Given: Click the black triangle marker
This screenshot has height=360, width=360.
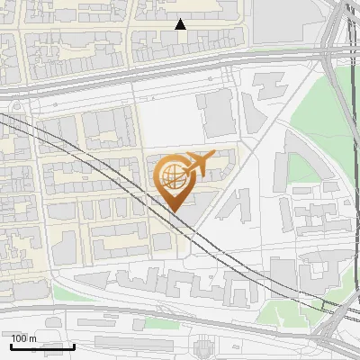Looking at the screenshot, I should (180, 24).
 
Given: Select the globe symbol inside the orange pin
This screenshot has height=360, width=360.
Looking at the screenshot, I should (174, 178).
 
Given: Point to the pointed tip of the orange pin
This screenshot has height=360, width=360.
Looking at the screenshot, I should (175, 211).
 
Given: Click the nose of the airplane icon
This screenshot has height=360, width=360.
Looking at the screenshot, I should (215, 155).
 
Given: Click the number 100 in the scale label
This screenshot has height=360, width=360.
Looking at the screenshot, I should (19, 338).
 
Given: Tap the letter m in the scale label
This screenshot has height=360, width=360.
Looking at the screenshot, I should (32, 338).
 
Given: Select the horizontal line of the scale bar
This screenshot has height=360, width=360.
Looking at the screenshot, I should (42, 346).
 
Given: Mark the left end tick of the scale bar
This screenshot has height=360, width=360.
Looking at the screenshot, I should (11, 345).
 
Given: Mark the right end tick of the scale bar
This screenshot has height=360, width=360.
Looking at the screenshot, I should (74, 345).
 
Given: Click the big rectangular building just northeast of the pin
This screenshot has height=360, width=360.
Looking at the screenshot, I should (216, 112).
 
